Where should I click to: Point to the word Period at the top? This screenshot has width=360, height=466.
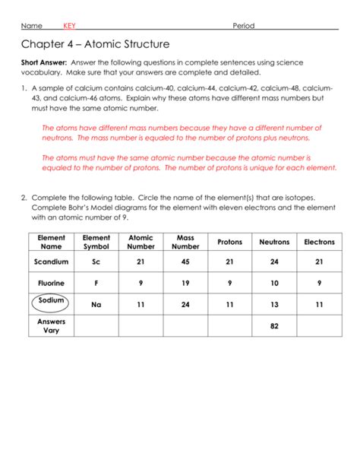(x=244, y=26)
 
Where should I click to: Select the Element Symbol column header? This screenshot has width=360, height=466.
(x=96, y=242)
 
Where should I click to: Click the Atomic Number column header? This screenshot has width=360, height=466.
(x=141, y=242)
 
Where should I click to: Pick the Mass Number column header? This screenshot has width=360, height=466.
(x=185, y=242)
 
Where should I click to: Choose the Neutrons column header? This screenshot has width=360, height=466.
(x=274, y=242)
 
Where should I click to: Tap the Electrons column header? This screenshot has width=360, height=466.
(x=319, y=242)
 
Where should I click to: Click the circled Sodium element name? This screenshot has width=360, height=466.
(x=51, y=301)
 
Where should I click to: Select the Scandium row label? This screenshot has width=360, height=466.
(x=51, y=262)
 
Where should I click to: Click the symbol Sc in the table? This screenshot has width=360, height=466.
(x=96, y=262)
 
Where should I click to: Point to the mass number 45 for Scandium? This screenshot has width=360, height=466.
(x=185, y=262)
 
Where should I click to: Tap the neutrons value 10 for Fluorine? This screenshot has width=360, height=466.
(x=274, y=283)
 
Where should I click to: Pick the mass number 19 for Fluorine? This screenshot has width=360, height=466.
(x=185, y=283)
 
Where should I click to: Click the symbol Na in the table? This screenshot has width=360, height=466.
(x=96, y=304)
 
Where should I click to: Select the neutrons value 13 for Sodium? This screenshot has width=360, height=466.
(x=274, y=304)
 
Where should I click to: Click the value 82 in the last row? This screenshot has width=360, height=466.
(x=274, y=325)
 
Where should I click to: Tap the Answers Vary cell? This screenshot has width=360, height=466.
(x=51, y=325)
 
